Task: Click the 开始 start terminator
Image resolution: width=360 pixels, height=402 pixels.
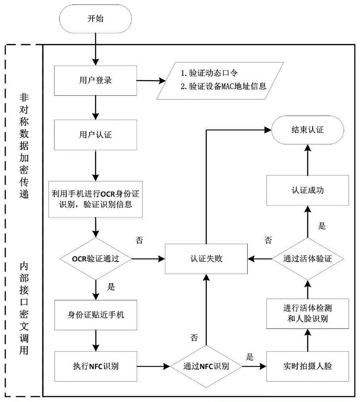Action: click(x=96, y=18)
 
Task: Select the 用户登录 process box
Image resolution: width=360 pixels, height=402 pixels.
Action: click(x=96, y=80)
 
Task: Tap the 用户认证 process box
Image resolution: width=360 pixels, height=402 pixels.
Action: click(x=96, y=135)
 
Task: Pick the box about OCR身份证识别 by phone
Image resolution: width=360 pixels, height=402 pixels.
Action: click(x=96, y=199)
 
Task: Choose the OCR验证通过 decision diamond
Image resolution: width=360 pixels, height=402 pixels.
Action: click(x=96, y=258)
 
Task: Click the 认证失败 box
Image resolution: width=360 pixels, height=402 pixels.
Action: click(x=206, y=258)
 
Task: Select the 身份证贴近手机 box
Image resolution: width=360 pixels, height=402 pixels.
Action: click(x=96, y=315)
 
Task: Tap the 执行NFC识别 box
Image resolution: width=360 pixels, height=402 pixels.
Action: click(x=96, y=366)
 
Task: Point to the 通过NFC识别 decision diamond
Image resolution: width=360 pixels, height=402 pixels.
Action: click(x=206, y=366)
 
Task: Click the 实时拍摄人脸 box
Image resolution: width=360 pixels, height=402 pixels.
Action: click(x=307, y=366)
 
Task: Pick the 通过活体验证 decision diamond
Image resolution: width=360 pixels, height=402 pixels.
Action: click(x=307, y=258)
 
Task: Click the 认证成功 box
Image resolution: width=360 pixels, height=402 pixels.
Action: click(x=307, y=191)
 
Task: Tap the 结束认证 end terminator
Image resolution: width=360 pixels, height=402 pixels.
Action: click(x=307, y=130)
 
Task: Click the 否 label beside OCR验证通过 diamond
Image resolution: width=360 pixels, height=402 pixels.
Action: click(x=139, y=240)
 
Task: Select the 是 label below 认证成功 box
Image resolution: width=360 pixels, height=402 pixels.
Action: click(x=322, y=226)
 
